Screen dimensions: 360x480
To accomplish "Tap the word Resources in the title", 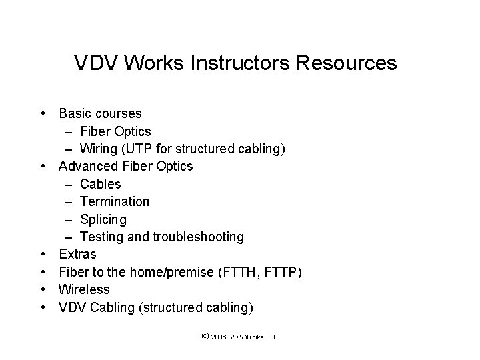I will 347,63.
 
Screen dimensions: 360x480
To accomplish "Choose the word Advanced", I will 87,166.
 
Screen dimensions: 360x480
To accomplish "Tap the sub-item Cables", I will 100,183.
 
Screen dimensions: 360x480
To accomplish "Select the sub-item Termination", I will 114,201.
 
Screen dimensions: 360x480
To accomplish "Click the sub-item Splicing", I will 103,219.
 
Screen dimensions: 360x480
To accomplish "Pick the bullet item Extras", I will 77,254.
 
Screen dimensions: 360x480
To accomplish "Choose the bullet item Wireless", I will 84,289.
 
